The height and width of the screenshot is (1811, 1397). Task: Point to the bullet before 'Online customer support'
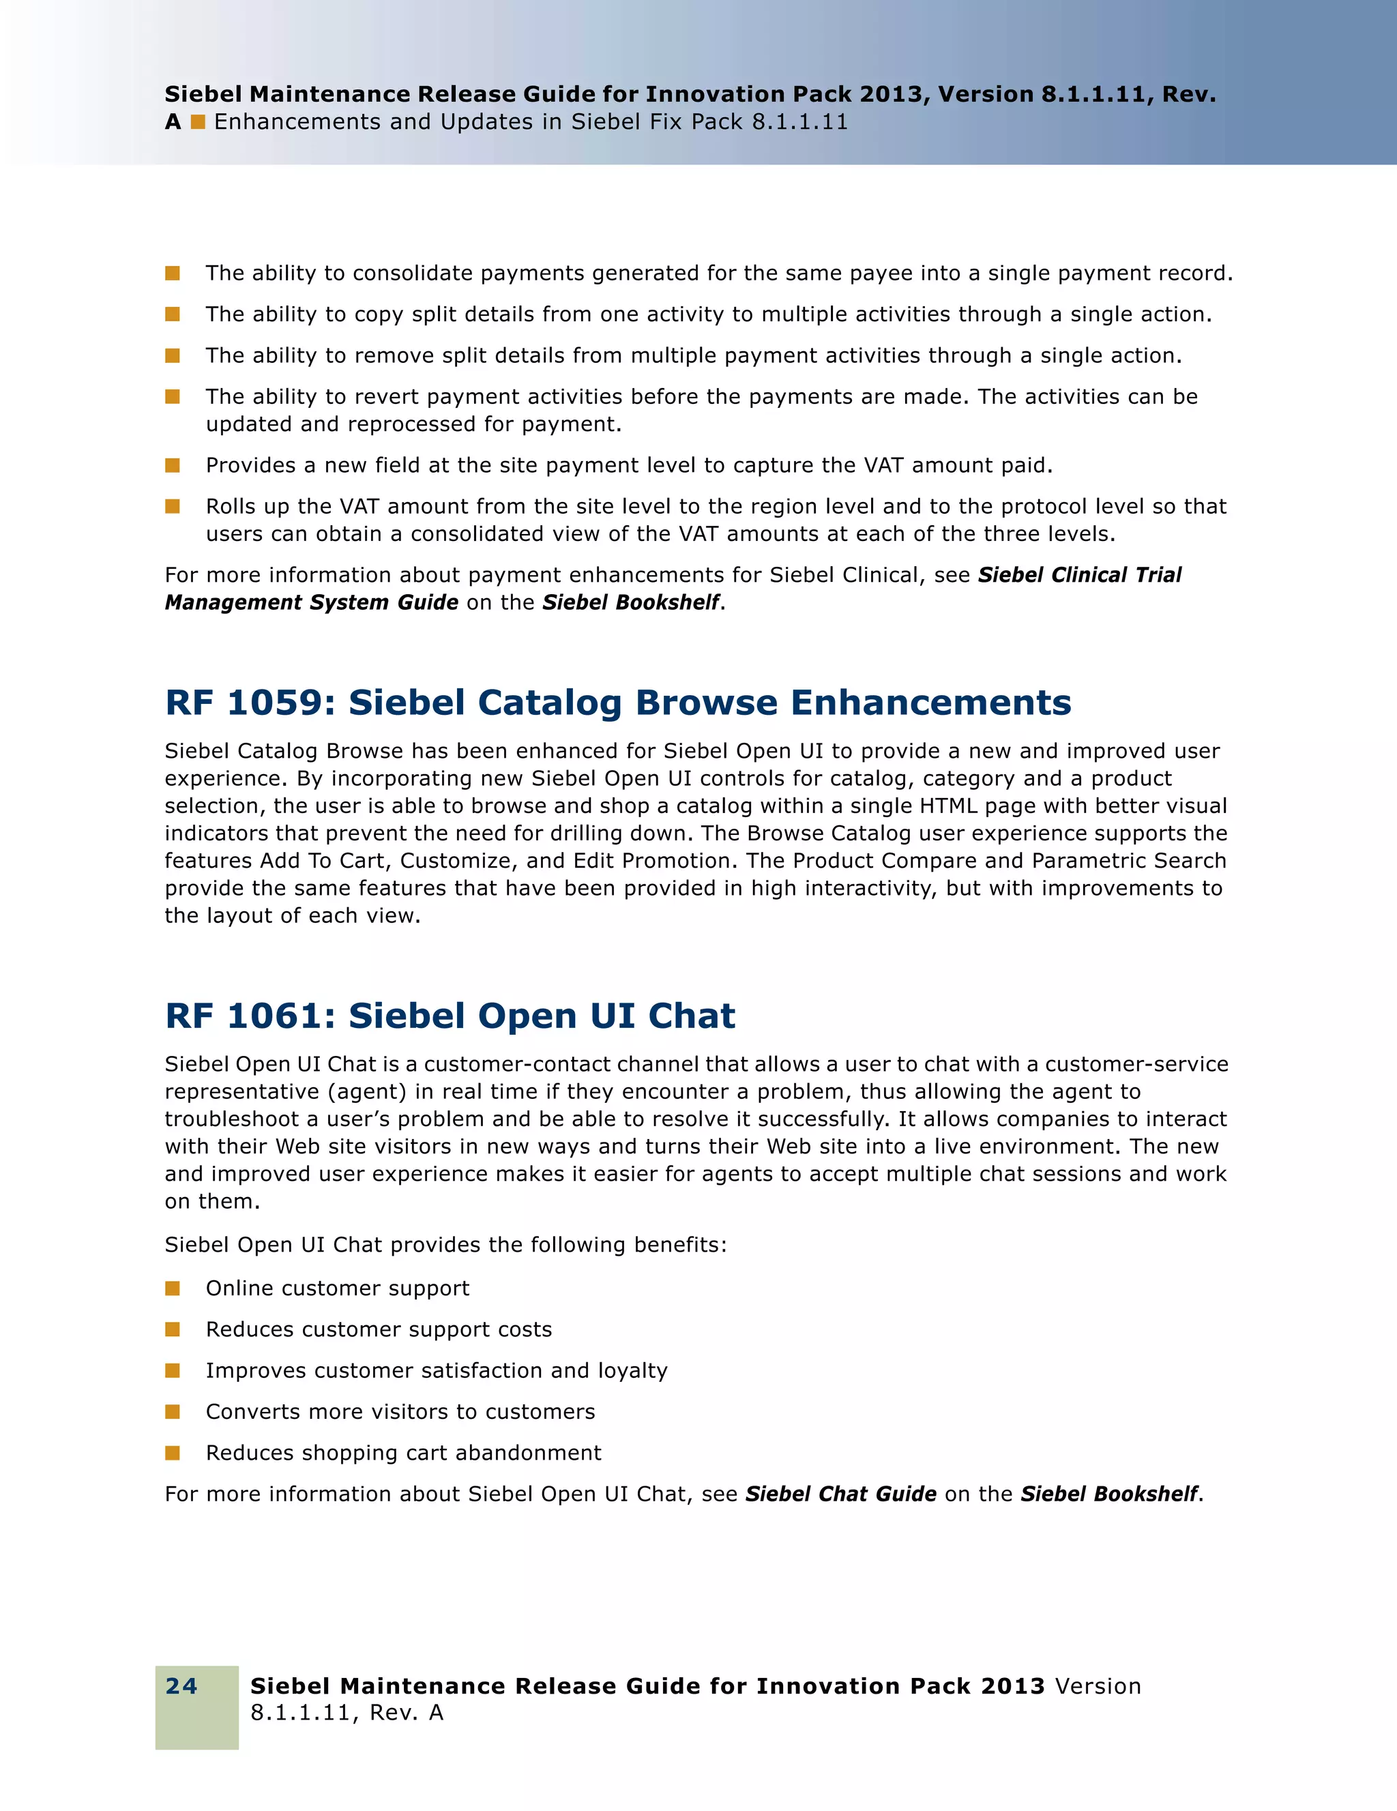(173, 1288)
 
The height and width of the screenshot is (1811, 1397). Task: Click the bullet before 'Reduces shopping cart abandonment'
(173, 1452)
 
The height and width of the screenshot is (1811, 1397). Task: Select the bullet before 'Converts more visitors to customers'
(173, 1411)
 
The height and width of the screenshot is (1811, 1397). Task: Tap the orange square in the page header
(198, 122)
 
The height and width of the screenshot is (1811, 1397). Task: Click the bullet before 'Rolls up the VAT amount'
(173, 506)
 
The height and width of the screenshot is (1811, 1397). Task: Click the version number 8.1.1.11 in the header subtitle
(799, 122)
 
